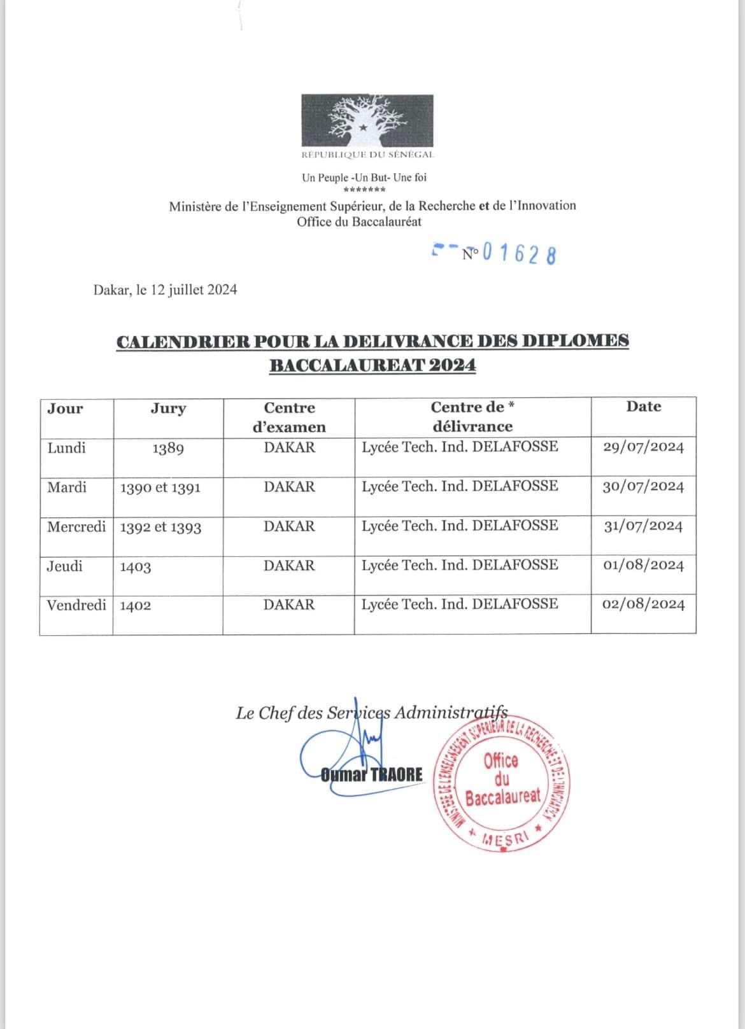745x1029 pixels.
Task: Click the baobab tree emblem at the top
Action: point(367,120)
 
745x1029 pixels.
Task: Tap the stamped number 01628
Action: point(520,254)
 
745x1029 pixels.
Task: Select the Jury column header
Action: point(168,409)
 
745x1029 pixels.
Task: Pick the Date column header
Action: point(643,407)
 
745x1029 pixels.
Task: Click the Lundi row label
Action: point(66,448)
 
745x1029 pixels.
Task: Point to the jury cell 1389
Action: point(168,449)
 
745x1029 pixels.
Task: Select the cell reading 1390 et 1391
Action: point(160,488)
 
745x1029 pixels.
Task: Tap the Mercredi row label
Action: point(76,527)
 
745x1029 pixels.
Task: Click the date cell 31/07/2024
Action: point(643,526)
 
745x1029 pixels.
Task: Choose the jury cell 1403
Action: point(136,566)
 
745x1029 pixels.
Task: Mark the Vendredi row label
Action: point(76,605)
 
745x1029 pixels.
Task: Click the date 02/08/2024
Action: point(643,604)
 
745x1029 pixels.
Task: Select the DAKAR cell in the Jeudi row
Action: point(289,566)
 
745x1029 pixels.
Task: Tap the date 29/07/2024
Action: point(643,447)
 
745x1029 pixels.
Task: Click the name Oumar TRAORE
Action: point(372,774)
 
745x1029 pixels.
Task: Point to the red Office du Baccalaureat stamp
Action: point(501,780)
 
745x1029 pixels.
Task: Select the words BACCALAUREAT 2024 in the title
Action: point(372,365)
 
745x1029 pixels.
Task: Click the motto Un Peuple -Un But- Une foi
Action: point(364,178)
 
